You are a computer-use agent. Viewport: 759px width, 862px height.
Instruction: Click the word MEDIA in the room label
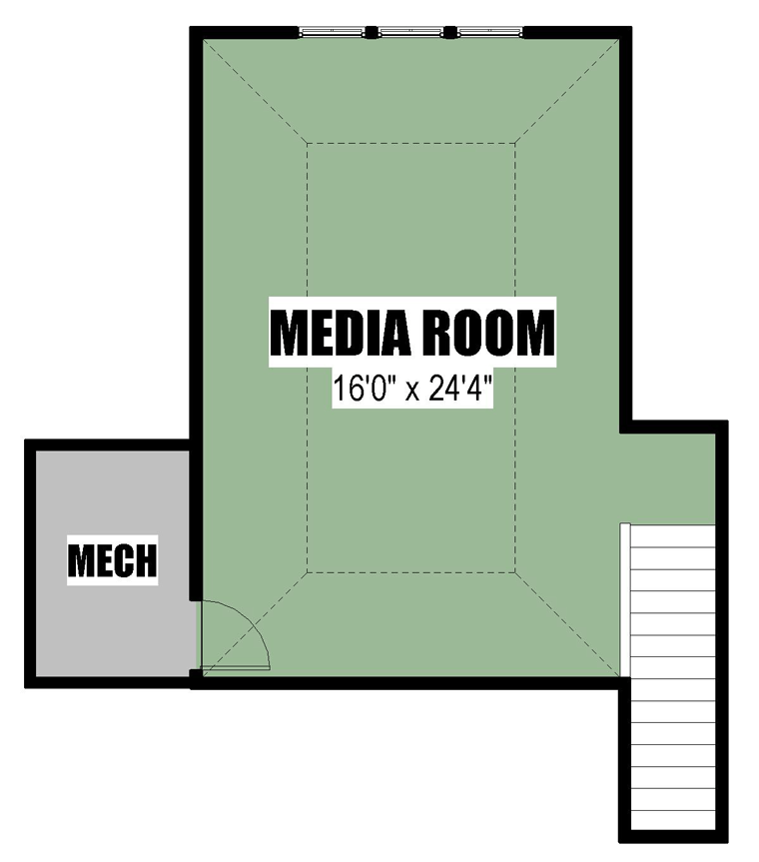[x=341, y=333]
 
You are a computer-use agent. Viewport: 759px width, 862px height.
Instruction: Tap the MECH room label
[x=112, y=560]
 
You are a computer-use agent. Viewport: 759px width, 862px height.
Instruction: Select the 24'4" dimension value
[x=459, y=389]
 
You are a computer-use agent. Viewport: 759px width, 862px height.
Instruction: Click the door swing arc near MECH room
[x=251, y=620]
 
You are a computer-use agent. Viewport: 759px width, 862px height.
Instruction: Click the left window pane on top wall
[x=332, y=32]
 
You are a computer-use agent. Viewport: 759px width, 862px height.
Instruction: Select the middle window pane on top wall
[x=410, y=32]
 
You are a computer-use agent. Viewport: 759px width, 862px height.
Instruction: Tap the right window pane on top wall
[x=489, y=32]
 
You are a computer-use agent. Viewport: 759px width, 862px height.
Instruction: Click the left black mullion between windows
[x=372, y=32]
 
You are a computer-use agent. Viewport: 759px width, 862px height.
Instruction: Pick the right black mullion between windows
[x=450, y=32]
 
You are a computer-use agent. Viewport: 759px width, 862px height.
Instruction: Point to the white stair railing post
[x=625, y=599]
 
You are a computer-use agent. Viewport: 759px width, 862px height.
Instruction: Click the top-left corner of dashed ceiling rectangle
[x=308, y=143]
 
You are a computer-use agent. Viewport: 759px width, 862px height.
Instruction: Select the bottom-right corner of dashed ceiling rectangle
[x=515, y=572]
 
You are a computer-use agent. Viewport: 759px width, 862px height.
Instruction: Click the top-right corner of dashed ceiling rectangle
[x=515, y=143]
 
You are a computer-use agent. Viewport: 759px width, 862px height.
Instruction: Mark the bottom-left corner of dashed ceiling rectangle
[x=308, y=572]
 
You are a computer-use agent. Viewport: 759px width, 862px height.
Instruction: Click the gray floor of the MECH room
[x=112, y=626]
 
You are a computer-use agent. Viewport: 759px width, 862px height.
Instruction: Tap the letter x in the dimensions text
[x=412, y=392]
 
